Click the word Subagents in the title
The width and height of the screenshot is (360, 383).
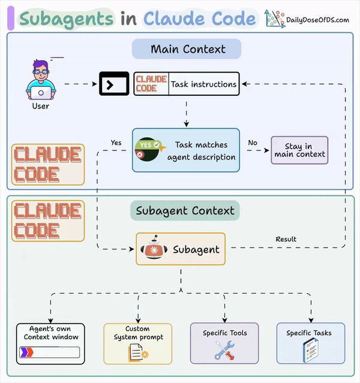click(66, 19)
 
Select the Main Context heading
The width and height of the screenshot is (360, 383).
click(187, 49)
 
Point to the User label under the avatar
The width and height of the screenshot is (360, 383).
click(41, 106)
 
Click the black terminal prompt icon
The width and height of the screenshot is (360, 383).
click(113, 85)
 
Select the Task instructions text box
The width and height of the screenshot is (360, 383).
click(203, 85)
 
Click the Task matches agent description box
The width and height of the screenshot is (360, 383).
click(186, 150)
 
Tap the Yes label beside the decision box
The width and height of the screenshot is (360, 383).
click(116, 143)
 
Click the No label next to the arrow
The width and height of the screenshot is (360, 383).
click(253, 143)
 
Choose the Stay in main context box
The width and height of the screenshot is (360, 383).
click(299, 150)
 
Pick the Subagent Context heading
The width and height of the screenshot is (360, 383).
click(185, 210)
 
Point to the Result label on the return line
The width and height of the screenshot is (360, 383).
click(286, 239)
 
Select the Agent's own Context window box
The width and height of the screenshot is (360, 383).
click(51, 343)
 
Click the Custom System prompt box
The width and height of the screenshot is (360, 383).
click(138, 343)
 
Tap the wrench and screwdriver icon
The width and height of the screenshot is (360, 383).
click(224, 350)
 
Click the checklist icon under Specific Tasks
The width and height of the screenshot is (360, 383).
click(310, 349)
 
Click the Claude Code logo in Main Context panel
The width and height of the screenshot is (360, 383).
click(48, 164)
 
